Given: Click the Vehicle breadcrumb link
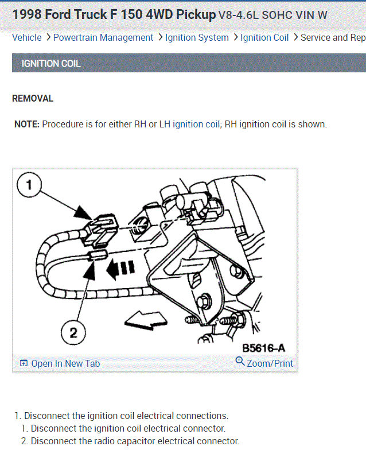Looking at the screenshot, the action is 26,37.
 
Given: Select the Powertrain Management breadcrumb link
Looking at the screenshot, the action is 103,38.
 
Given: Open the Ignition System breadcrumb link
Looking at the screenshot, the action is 197,38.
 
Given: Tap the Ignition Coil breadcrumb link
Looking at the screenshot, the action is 264,38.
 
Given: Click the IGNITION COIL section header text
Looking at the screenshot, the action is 51,63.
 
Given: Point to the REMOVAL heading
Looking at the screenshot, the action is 33,99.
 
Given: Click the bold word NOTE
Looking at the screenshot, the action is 27,124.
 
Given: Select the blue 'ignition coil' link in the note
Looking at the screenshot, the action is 196,124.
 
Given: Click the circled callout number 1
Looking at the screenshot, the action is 29,185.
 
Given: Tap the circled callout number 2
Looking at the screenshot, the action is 73,333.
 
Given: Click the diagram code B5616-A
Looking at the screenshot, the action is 263,348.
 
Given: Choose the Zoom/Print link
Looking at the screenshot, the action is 270,363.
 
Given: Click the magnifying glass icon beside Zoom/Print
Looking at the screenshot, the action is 240,361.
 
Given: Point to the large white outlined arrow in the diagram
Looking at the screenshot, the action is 146,320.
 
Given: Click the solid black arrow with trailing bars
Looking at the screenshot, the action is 120,269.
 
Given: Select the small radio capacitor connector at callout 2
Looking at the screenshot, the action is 98,255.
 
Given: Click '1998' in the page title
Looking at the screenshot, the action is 27,14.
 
